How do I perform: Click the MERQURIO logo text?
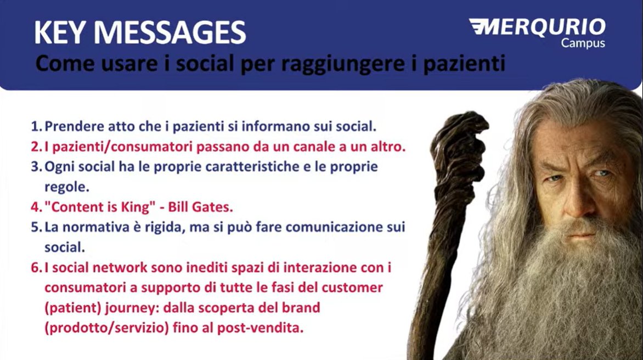538,27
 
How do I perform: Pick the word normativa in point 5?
92,227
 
